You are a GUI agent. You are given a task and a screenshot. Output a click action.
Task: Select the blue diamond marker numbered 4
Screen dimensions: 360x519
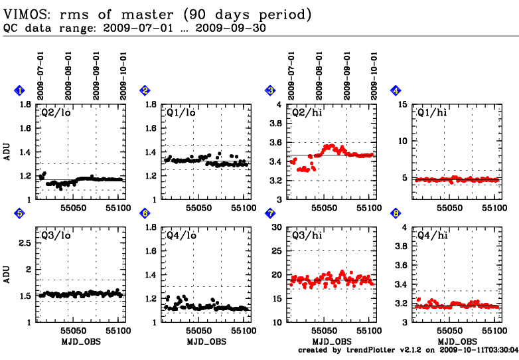[x=396, y=90]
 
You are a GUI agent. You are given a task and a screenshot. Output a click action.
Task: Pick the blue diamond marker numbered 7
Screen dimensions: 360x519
[x=270, y=213]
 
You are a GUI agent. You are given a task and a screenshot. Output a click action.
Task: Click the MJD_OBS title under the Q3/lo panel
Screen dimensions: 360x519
[x=80, y=341]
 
